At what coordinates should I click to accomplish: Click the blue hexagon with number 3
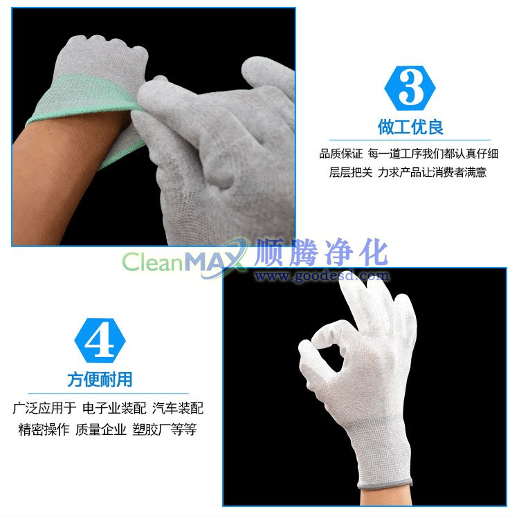tap(410, 88)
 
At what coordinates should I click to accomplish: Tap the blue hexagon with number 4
tap(100, 341)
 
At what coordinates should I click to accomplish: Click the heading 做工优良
tap(410, 127)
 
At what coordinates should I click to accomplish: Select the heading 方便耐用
tap(100, 380)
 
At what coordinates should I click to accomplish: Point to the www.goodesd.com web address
tap(322, 275)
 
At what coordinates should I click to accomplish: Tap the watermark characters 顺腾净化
tap(321, 252)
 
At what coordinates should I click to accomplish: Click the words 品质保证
tap(340, 154)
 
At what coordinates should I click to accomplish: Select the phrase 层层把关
tap(351, 172)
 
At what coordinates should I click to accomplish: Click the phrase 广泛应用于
tap(45, 408)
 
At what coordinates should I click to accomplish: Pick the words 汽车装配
tap(178, 408)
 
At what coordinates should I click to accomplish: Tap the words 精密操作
tap(44, 429)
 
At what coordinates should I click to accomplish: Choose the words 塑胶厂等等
tap(165, 429)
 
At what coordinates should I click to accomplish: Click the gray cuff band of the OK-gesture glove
tap(385, 482)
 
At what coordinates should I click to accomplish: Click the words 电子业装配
tap(114, 408)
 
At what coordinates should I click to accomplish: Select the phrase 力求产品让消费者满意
tap(432, 172)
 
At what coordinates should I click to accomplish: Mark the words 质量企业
tap(100, 429)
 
